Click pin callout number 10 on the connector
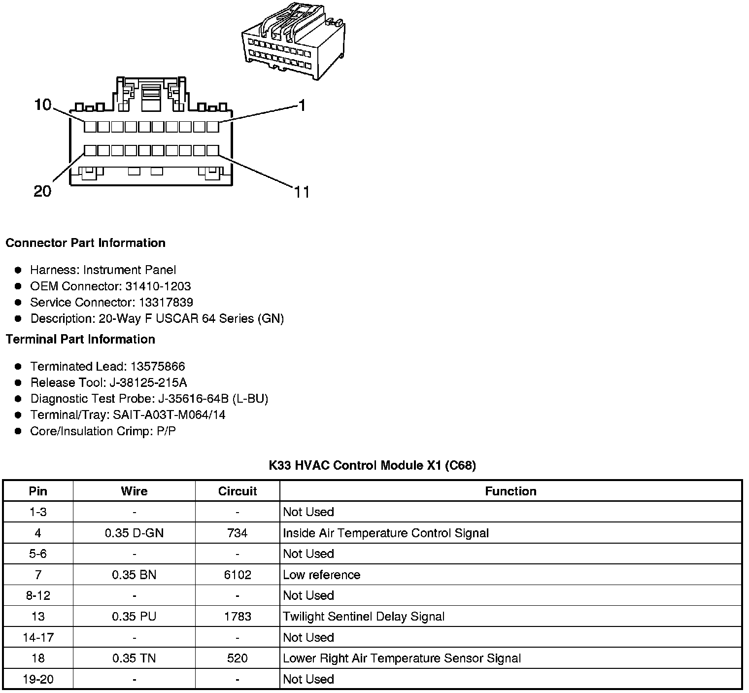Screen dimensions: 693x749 [43, 104]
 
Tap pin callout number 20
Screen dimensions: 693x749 [42, 191]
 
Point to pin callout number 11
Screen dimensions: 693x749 [302, 192]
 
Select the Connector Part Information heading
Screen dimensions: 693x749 [85, 243]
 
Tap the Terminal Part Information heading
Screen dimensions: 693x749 [80, 340]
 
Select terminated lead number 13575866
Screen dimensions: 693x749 [158, 367]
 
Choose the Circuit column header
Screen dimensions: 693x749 [238, 491]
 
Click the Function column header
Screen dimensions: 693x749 [511, 491]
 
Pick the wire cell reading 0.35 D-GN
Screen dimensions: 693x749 [134, 533]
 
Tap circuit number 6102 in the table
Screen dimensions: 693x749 [238, 575]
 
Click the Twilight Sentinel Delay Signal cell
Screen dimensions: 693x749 [364, 617]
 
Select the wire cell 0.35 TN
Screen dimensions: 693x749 [134, 658]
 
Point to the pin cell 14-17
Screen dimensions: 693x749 [38, 638]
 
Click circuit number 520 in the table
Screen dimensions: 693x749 [238, 658]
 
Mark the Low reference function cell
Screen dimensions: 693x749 [321, 575]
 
